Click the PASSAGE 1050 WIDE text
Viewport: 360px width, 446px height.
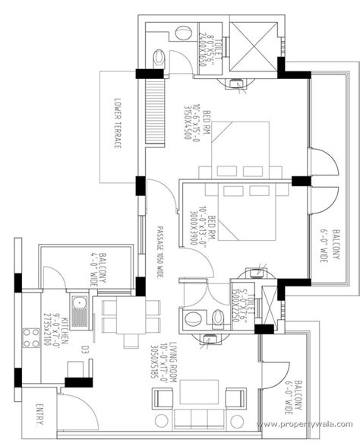coord(159,251)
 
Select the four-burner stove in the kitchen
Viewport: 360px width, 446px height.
coord(32,335)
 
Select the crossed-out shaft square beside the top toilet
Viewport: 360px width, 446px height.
coord(256,41)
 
